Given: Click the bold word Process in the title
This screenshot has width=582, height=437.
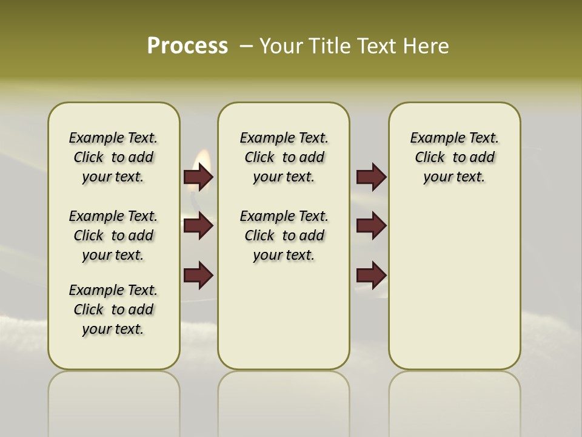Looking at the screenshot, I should click(x=187, y=46).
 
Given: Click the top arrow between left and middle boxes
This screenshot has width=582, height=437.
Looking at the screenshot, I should click(x=198, y=177).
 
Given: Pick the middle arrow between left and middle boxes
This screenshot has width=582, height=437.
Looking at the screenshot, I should click(x=198, y=226).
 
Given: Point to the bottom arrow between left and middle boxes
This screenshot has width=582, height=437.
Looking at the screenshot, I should click(x=198, y=276).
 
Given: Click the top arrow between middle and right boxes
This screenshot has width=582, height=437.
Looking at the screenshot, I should click(x=371, y=177).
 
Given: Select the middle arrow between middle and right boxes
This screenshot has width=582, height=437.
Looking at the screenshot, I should click(x=371, y=226).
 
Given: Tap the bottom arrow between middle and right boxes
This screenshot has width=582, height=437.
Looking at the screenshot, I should click(x=371, y=276).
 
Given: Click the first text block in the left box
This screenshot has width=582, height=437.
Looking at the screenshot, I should click(x=113, y=157).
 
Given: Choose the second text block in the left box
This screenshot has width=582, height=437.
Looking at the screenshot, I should click(x=113, y=235).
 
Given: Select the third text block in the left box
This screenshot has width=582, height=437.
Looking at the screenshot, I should click(x=113, y=310).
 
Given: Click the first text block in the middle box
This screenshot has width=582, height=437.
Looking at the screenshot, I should click(x=284, y=157).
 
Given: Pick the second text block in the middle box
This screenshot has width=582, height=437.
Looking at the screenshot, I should click(x=284, y=235).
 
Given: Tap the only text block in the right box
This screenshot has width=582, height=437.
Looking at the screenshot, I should click(x=454, y=157).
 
